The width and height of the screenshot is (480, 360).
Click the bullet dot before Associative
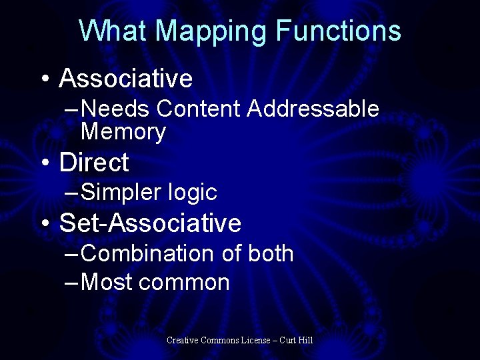pyautogui.click(x=44, y=79)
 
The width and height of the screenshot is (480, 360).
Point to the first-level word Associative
pyautogui.click(x=126, y=79)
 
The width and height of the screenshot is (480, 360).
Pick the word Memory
pyautogui.click(x=123, y=132)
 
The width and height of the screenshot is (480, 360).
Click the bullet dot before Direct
pyautogui.click(x=44, y=163)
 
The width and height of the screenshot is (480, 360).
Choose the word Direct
pyautogui.click(x=94, y=162)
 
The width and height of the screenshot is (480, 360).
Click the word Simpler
pyautogui.click(x=121, y=193)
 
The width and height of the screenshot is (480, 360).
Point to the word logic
pyautogui.click(x=192, y=193)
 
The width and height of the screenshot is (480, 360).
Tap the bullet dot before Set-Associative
pyautogui.click(x=44, y=223)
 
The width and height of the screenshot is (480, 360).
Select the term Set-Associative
pyautogui.click(x=150, y=223)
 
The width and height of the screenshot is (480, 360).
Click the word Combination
pyautogui.click(x=147, y=253)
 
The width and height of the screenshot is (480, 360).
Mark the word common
pyautogui.click(x=185, y=283)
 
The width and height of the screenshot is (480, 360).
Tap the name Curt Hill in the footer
pyautogui.click(x=296, y=341)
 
